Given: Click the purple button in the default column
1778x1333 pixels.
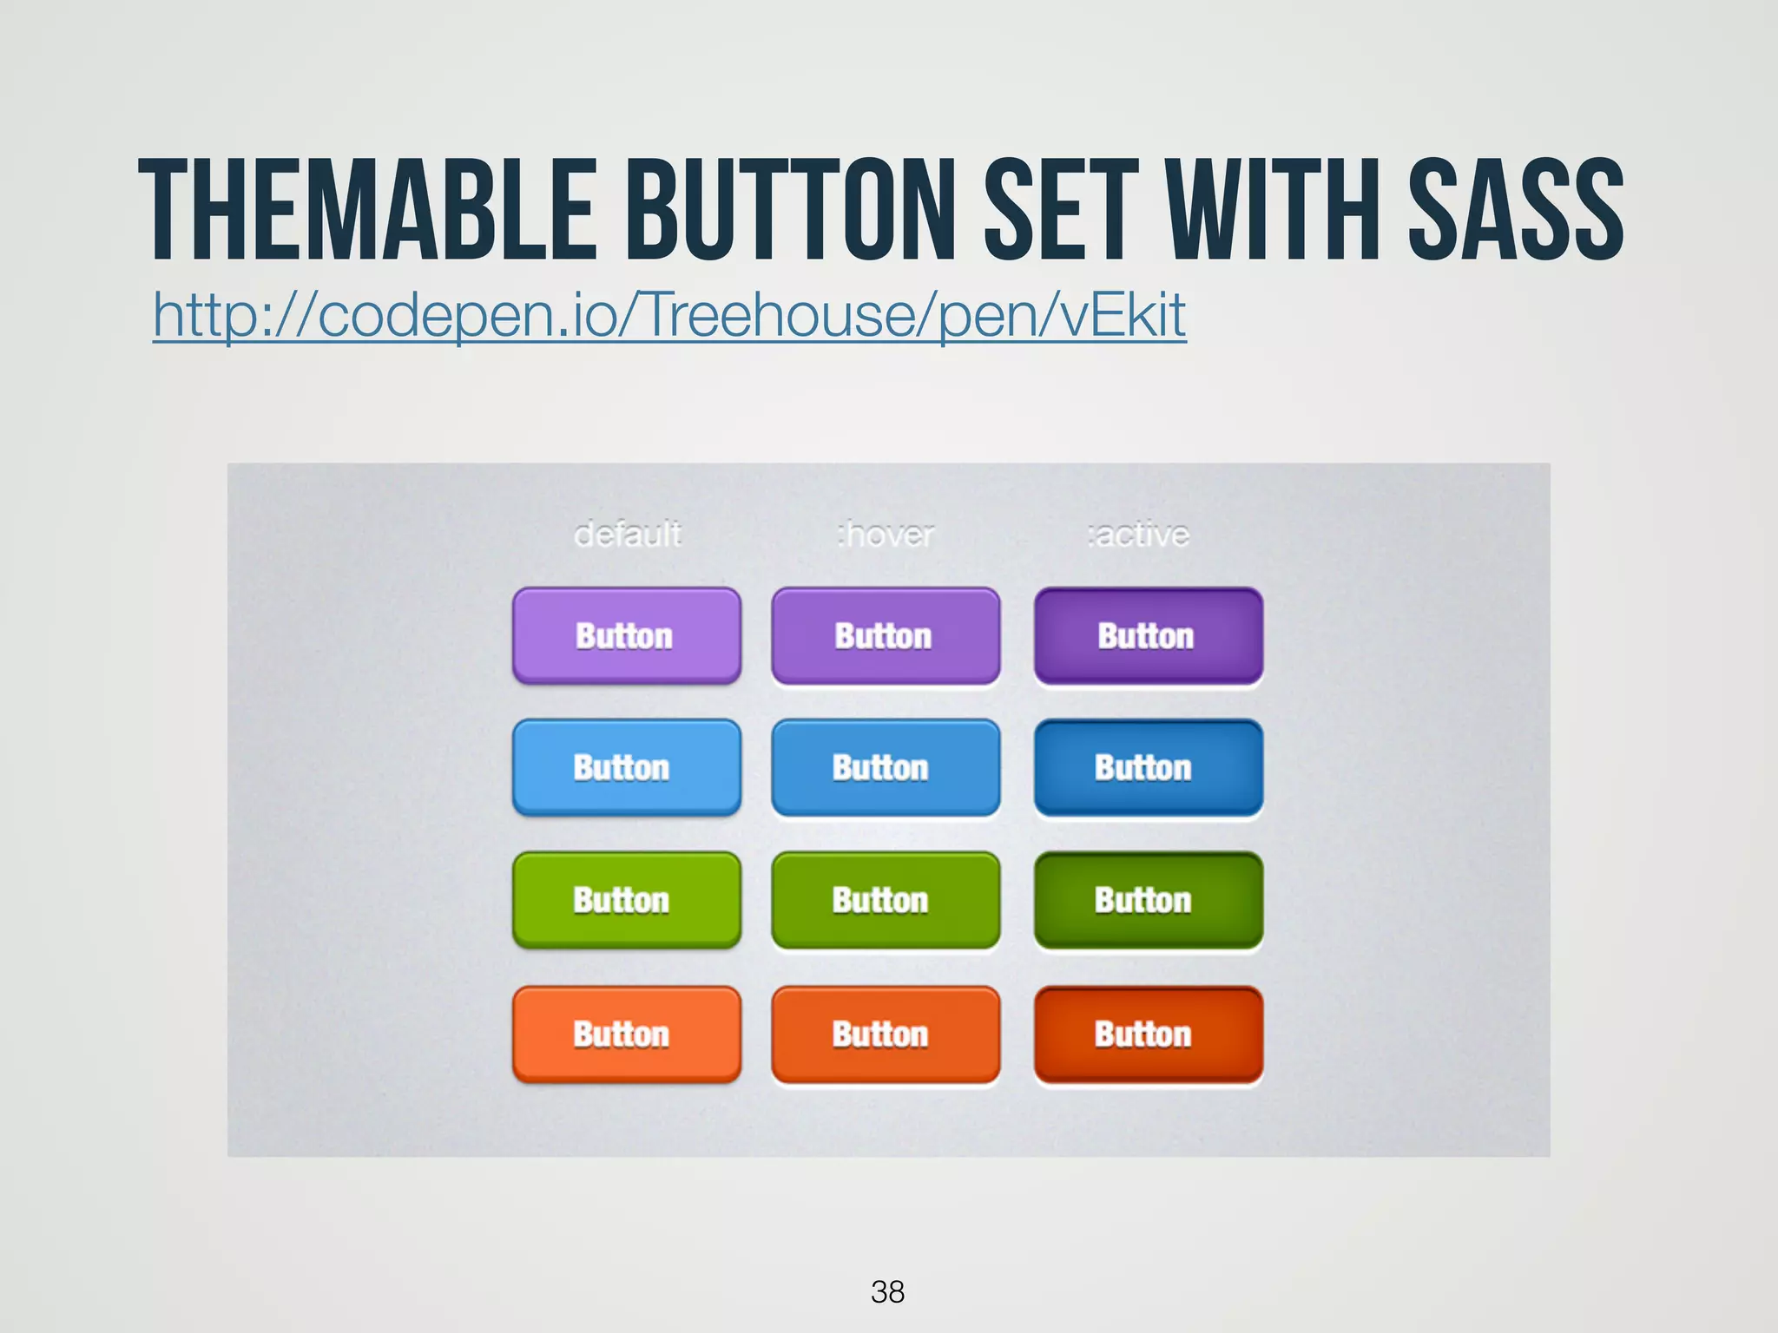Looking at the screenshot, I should [626, 636].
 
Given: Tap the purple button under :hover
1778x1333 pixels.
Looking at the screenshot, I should [885, 636].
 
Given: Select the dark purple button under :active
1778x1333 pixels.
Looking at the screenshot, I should [1148, 636].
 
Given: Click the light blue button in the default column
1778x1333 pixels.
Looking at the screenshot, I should [626, 768].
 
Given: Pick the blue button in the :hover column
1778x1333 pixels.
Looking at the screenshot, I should [885, 768].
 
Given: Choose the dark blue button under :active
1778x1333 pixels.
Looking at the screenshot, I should [1148, 768].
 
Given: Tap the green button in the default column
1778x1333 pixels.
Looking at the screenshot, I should [626, 900].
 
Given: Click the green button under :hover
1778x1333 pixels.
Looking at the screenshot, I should [885, 900].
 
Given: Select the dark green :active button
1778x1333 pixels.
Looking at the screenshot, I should [1148, 900].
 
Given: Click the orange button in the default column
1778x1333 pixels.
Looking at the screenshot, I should [626, 1034].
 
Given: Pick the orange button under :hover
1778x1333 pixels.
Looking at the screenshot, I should [885, 1034].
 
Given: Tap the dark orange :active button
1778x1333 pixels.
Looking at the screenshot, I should [1148, 1034].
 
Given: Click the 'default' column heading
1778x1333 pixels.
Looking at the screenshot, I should [627, 534].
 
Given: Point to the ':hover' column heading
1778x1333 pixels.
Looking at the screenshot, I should [885, 534].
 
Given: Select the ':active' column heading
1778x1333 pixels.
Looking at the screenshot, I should [1137, 534].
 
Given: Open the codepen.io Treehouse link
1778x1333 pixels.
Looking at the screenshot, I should [668, 314].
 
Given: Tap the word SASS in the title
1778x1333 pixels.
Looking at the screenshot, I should [1515, 210].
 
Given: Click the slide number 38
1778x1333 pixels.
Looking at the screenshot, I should [887, 1291].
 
